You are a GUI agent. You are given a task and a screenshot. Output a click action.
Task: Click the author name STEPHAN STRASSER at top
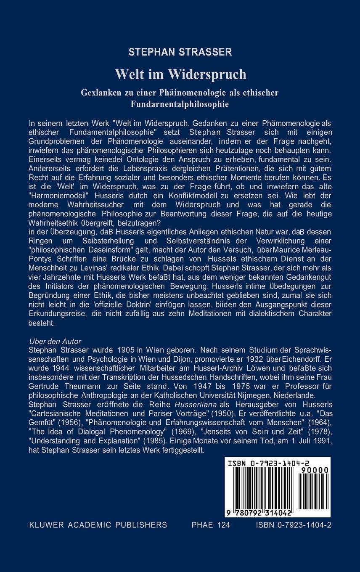[180, 53]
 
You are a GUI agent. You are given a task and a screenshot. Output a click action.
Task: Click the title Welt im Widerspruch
[180, 74]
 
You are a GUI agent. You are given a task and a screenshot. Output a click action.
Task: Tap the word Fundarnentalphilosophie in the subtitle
[180, 104]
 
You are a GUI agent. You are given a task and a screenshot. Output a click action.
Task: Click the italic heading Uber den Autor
[55, 341]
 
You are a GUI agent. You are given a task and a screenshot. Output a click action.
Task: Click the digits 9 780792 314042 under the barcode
[260, 514]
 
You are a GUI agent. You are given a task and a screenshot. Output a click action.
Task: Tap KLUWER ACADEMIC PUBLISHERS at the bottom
[98, 525]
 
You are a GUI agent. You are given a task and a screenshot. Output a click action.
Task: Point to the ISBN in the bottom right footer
[293, 525]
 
